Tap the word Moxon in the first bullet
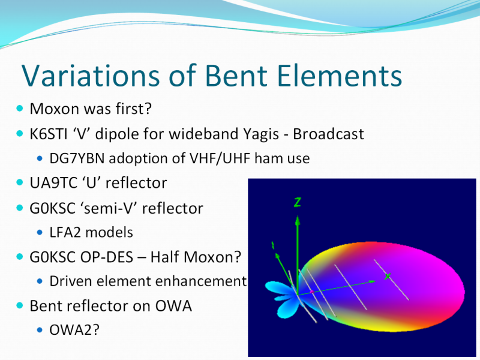click(x=54, y=109)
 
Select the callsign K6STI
click(x=49, y=134)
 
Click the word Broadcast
click(x=328, y=134)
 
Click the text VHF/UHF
click(x=220, y=158)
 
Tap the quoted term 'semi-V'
click(x=109, y=208)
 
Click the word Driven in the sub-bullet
click(x=71, y=281)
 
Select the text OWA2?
click(x=74, y=330)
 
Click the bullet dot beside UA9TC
click(x=20, y=182)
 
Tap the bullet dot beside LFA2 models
click(x=40, y=232)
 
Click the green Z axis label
click(x=297, y=202)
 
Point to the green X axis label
click(x=388, y=277)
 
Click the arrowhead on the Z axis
click(x=297, y=220)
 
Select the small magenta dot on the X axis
click(x=311, y=292)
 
